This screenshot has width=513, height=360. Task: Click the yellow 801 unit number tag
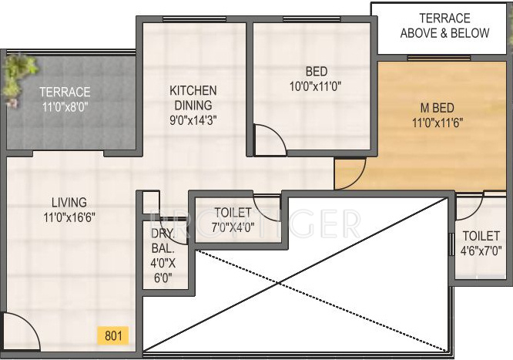click(112, 335)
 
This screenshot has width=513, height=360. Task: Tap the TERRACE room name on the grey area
click(65, 93)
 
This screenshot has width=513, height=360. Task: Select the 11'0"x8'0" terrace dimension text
click(65, 107)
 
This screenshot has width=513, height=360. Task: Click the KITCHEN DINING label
click(193, 98)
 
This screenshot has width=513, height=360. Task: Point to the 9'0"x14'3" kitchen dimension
click(193, 119)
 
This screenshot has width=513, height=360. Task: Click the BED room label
click(316, 72)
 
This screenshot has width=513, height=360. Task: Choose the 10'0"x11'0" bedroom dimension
click(316, 86)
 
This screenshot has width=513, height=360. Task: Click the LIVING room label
click(65, 203)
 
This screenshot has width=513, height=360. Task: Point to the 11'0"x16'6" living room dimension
click(69, 217)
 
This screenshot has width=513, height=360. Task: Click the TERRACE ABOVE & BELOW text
click(444, 25)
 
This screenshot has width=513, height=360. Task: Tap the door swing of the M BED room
click(350, 173)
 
